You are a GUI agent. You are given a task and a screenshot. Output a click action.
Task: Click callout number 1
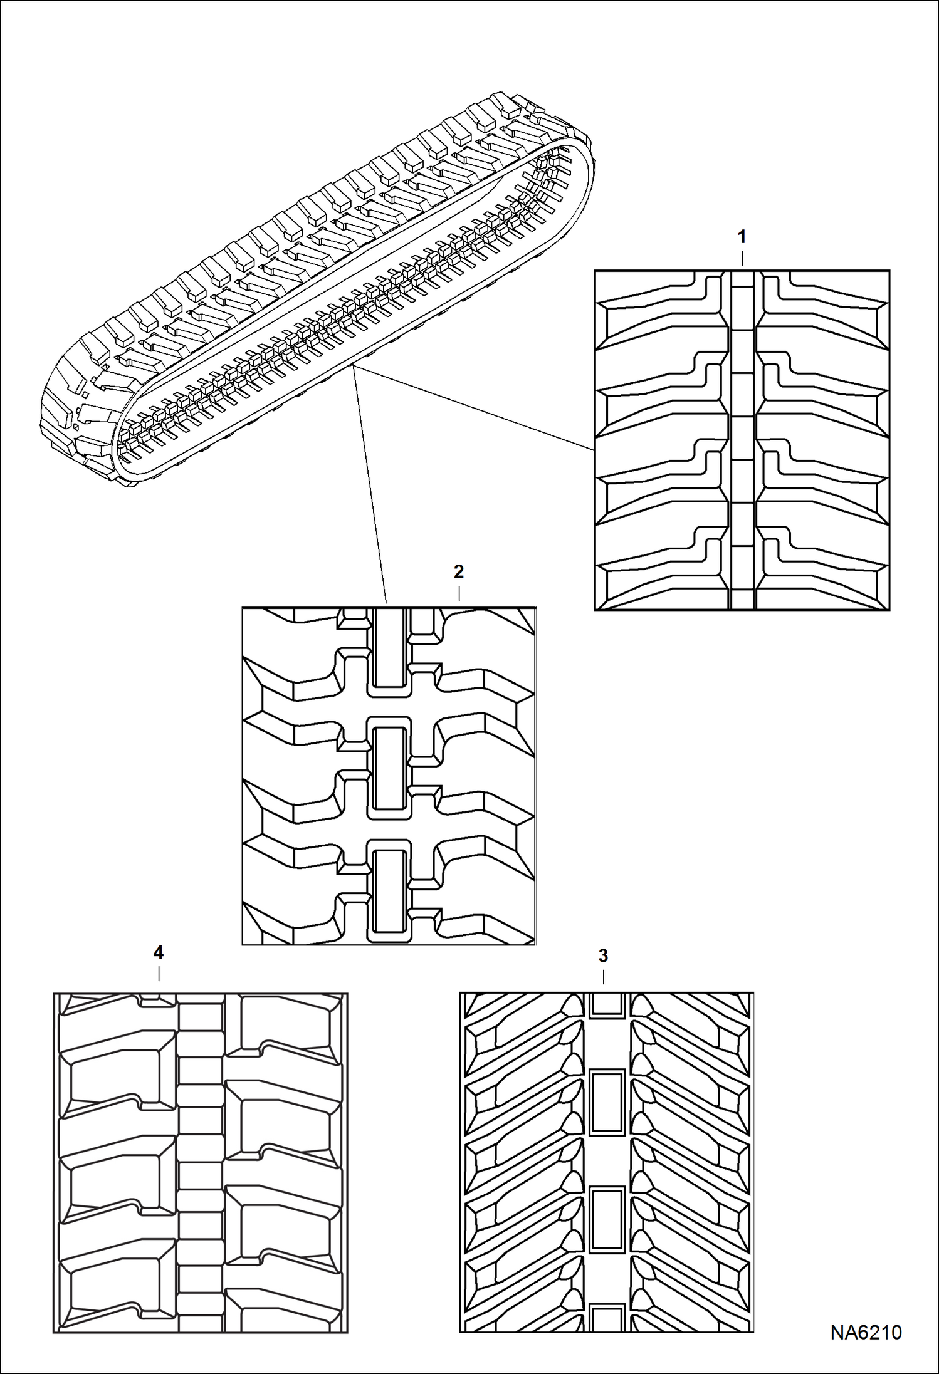coord(742,237)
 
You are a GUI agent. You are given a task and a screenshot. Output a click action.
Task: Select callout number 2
coord(458,571)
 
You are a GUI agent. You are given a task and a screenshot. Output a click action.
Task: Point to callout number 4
coord(158,952)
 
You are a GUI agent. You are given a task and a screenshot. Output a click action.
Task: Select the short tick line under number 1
coord(742,259)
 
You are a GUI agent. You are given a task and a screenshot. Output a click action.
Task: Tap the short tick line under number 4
coord(159,974)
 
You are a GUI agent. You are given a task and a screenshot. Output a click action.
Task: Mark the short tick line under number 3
coord(603,977)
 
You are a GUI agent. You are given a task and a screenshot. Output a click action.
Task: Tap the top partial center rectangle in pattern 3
coord(607,1004)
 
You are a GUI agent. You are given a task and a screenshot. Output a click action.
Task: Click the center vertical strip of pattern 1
coord(743,439)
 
